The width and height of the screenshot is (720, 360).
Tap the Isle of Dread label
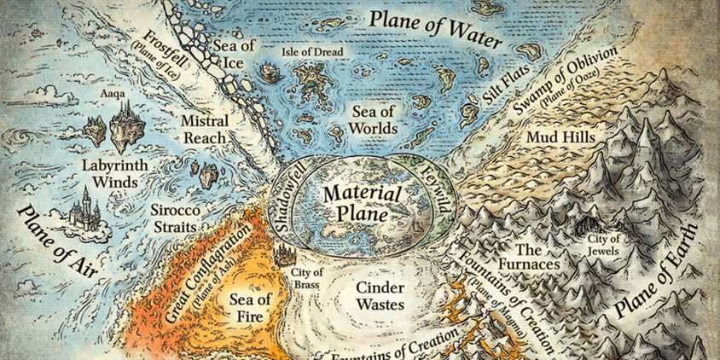pyautogui.click(x=312, y=52)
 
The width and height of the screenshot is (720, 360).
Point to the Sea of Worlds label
pyautogui.click(x=375, y=119)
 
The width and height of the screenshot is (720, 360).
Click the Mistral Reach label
pyautogui.click(x=205, y=130)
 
